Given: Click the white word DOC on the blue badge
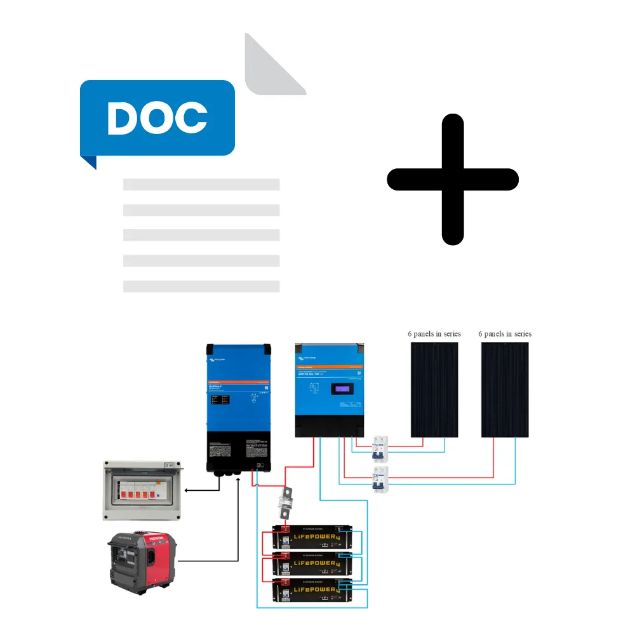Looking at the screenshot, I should tap(157, 117).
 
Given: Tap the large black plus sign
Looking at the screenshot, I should tap(453, 180).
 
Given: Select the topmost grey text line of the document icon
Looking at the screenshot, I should tap(201, 185).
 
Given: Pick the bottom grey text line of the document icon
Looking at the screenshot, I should tap(201, 286).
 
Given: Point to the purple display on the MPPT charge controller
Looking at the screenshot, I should tap(344, 389).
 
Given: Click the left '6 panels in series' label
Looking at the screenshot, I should tap(434, 333).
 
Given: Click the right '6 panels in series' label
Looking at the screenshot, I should tap(505, 333).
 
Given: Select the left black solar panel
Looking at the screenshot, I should tap(434, 390).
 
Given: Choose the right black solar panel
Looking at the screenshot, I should tap(505, 390).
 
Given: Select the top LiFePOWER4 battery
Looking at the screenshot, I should tap(315, 537).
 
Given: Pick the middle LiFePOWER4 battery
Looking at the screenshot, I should tap(315, 563).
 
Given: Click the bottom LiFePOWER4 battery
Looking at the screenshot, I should tap(315, 591).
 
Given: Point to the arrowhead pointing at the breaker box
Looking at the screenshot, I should tap(185, 490).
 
